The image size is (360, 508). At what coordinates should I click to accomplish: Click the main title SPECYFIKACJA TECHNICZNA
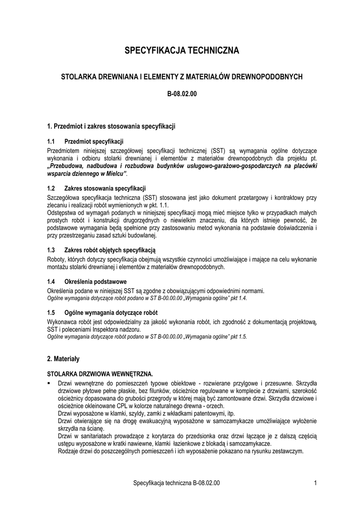click(181, 51)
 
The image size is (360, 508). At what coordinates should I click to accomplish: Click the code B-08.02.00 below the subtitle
click(181, 93)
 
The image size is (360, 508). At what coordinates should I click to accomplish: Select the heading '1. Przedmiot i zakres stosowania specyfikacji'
click(111, 127)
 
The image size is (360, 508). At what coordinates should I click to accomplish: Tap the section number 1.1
click(51, 141)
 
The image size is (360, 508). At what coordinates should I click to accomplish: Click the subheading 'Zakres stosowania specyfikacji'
click(105, 189)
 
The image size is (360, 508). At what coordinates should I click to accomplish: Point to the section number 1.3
click(51, 250)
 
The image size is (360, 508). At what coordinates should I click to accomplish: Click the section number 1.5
click(51, 313)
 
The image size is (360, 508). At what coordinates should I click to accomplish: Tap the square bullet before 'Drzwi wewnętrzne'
click(49, 383)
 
